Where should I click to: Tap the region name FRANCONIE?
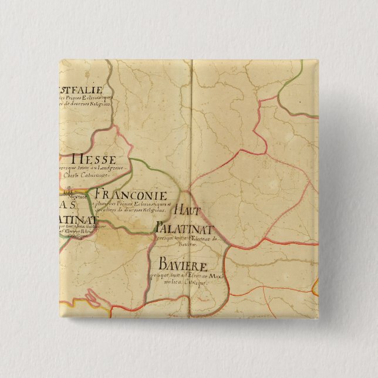click(130, 195)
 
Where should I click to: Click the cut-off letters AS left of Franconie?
click(70, 204)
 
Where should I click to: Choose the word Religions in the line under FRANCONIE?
click(155, 210)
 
